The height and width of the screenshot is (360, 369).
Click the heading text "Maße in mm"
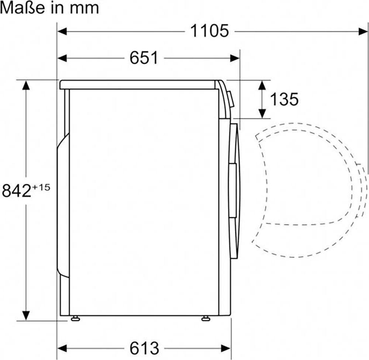tap(49, 8)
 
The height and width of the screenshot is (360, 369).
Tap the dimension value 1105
tap(210, 31)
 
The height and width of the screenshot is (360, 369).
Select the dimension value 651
tap(144, 58)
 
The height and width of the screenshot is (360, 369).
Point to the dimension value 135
tap(284, 99)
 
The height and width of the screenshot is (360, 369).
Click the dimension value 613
tap(144, 348)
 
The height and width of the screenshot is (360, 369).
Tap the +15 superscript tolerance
tap(41, 187)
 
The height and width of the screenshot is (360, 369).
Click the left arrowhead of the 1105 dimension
tap(62, 31)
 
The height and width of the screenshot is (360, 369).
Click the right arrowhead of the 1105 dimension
tap(363, 31)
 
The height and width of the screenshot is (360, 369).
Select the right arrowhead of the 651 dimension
tap(235, 58)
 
